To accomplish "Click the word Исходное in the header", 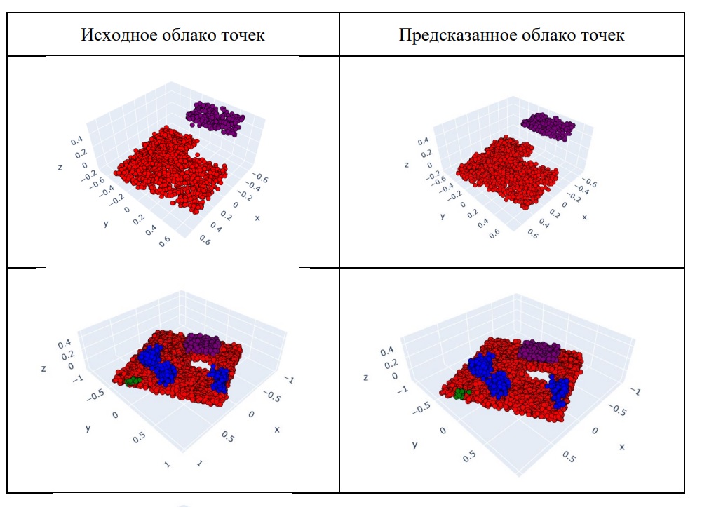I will [115, 34].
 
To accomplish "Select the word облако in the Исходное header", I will [191, 34].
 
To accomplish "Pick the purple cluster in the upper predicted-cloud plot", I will [548, 126].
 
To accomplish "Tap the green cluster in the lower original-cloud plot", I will [131, 380].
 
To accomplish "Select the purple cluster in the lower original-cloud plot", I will [203, 344].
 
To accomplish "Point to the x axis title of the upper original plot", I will [257, 218].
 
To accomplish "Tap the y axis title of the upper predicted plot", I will [443, 216].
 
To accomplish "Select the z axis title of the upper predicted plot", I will [407, 165].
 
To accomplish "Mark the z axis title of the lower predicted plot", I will [365, 377].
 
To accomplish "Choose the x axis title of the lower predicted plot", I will [622, 447].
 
